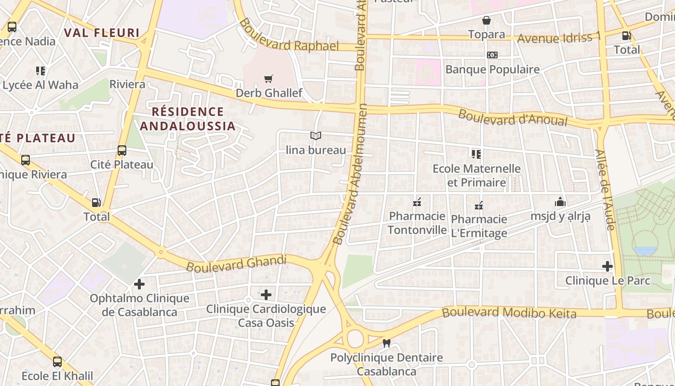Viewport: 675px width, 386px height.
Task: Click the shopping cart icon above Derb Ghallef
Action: point(269,79)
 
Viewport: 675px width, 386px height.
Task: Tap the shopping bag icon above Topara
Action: point(486,20)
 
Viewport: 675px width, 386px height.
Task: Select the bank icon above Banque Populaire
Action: point(492,55)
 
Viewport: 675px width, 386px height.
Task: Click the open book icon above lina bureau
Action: point(316,136)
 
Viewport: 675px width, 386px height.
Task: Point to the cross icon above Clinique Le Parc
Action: point(607,266)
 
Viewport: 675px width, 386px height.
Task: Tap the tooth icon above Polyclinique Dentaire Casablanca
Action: point(386,344)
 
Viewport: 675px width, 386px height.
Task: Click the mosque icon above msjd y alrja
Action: point(560,202)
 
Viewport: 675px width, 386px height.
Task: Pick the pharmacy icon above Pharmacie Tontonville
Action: point(417,202)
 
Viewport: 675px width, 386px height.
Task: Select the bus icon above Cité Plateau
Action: point(122,151)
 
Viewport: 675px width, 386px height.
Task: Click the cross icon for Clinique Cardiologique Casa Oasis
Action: point(266,294)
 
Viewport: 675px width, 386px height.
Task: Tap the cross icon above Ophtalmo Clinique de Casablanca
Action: point(139,284)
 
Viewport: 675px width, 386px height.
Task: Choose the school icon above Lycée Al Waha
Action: point(40,71)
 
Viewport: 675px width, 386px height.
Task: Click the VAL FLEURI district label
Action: point(102,33)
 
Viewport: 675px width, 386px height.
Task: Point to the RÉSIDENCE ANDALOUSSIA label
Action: point(188,119)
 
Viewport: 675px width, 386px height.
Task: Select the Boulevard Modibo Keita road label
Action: point(509,313)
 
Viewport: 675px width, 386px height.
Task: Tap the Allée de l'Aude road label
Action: point(605,189)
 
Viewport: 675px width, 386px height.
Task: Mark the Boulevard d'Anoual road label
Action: point(513,117)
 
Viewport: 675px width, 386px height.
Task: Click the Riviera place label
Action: point(127,84)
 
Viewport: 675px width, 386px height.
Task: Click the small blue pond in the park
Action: point(646,251)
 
